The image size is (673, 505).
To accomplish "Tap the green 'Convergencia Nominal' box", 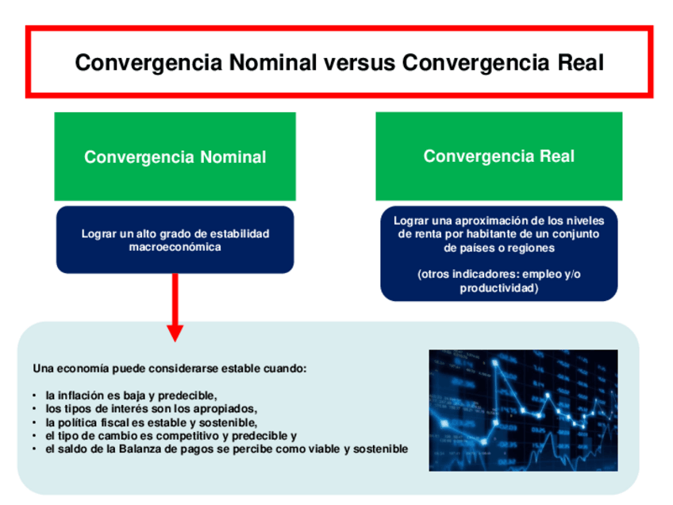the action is pyautogui.click(x=175, y=156).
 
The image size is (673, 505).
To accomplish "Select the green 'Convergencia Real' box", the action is pyautogui.click(x=498, y=156).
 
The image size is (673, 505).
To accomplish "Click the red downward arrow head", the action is pyautogui.click(x=175, y=331).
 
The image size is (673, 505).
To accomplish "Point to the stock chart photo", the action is pyautogui.click(x=523, y=411).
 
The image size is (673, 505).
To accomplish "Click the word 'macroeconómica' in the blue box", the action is pyautogui.click(x=175, y=247).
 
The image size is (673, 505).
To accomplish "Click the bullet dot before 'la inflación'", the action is pyautogui.click(x=35, y=395).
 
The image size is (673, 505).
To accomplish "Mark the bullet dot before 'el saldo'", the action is pyautogui.click(x=35, y=449).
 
